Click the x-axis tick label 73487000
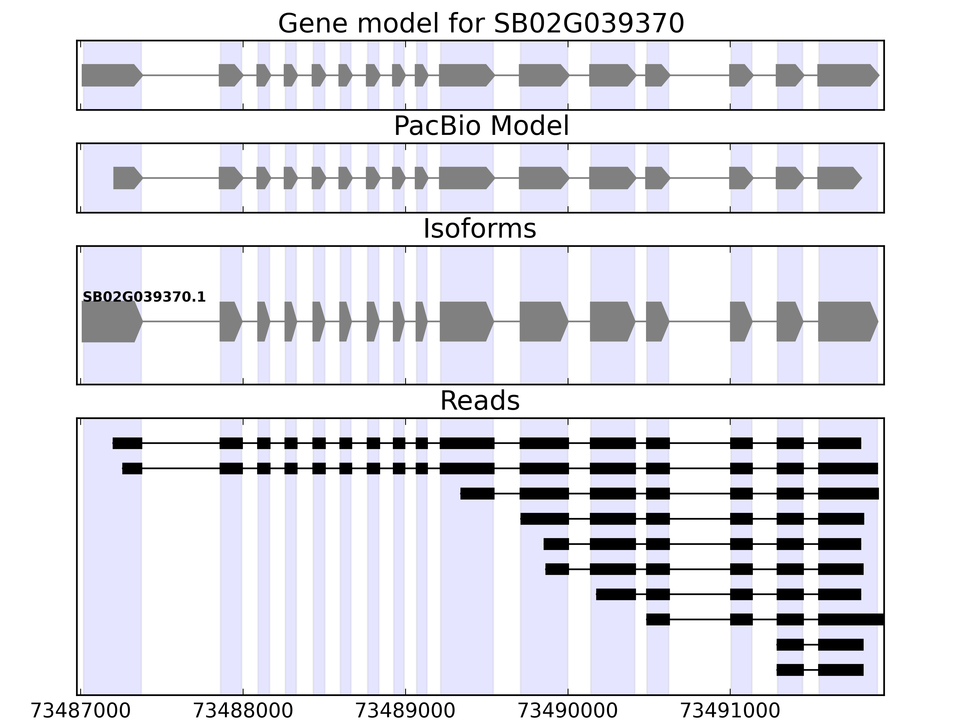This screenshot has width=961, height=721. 80,711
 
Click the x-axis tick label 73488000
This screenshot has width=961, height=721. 243,711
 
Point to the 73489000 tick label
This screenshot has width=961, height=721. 405,711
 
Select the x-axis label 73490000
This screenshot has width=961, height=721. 568,711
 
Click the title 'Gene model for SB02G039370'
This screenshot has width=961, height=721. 481,23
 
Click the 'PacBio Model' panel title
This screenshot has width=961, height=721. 481,126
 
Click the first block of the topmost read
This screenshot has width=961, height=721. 127,443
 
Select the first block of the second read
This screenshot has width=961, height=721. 132,468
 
